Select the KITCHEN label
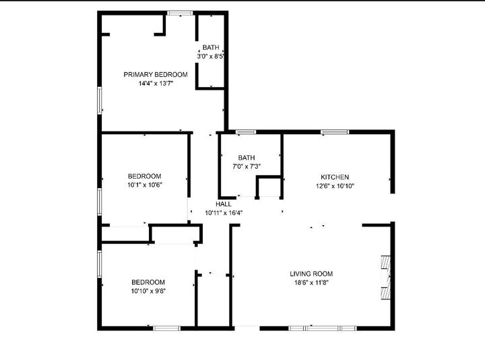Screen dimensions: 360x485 [x=335, y=177]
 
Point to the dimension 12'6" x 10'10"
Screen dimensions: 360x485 [x=335, y=186]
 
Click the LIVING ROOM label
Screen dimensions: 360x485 [x=311, y=274]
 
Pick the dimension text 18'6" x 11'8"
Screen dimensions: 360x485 [x=311, y=283]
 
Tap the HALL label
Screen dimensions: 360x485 [x=224, y=204]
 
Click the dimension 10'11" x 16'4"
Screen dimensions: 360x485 [x=224, y=213]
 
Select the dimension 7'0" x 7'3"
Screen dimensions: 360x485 [x=247, y=167]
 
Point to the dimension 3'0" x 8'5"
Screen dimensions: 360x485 [x=211, y=57]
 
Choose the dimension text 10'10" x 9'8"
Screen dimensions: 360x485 [x=148, y=291]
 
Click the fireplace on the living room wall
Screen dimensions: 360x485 [x=386, y=277]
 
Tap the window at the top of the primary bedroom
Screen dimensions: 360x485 [x=179, y=13]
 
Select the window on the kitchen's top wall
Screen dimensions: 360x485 [x=330, y=131]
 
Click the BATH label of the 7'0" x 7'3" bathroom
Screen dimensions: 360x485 [x=247, y=158]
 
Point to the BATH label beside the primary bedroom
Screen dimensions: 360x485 [x=211, y=48]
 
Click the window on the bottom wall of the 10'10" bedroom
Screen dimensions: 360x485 [x=166, y=328]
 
